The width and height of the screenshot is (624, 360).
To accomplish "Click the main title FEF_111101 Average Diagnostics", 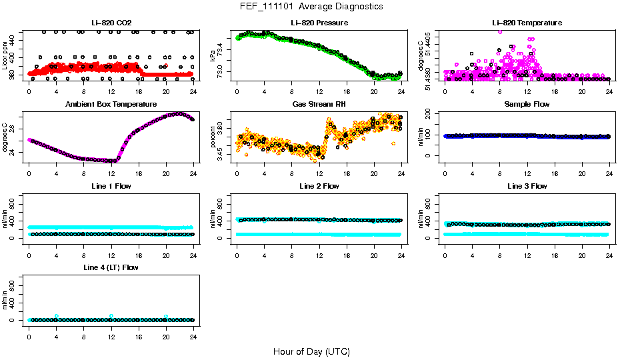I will (312, 7).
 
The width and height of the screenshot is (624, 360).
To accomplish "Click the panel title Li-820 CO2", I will (111, 23).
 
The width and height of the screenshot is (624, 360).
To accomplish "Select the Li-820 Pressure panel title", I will (319, 23).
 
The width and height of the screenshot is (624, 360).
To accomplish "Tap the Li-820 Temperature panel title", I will (527, 23).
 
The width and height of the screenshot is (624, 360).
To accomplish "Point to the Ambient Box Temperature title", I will (111, 105).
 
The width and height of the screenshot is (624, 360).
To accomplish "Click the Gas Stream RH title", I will (319, 105).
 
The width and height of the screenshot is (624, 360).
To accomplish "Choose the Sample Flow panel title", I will (527, 105).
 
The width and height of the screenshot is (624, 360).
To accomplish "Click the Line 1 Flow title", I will (111, 186).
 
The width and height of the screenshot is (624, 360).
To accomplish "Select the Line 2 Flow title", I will (319, 186).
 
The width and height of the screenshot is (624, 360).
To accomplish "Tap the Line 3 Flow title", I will (527, 186).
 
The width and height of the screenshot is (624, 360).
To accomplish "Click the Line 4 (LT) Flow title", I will (111, 267).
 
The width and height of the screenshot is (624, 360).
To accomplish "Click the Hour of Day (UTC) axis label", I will (311, 351).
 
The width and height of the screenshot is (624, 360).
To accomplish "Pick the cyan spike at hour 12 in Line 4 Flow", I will (111, 316).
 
